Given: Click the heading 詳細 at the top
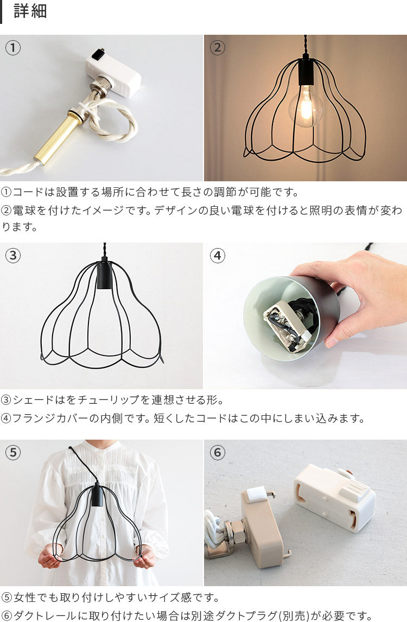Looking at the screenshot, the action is click(x=30, y=11).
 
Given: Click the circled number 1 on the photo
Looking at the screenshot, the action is click(x=12, y=48).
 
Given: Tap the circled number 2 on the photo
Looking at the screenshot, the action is click(x=218, y=48).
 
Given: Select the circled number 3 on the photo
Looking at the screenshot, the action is click(x=12, y=256).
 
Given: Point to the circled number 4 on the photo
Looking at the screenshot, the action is click(x=218, y=256).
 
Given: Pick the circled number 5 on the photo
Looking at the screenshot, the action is click(x=12, y=452).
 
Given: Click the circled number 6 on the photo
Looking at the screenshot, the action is click(x=218, y=452).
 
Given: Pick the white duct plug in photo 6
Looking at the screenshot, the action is click(x=335, y=498).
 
